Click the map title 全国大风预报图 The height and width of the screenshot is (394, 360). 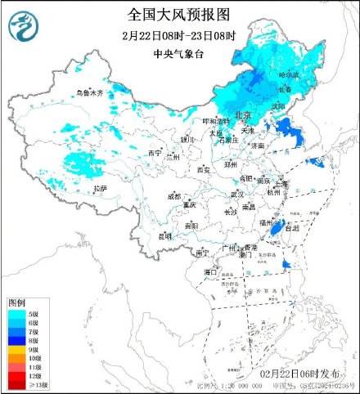(180, 15)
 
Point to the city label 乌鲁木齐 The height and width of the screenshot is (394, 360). (89, 94)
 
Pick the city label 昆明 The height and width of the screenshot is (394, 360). (166, 236)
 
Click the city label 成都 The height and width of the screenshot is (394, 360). (174, 196)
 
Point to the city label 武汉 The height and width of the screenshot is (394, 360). (237, 194)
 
